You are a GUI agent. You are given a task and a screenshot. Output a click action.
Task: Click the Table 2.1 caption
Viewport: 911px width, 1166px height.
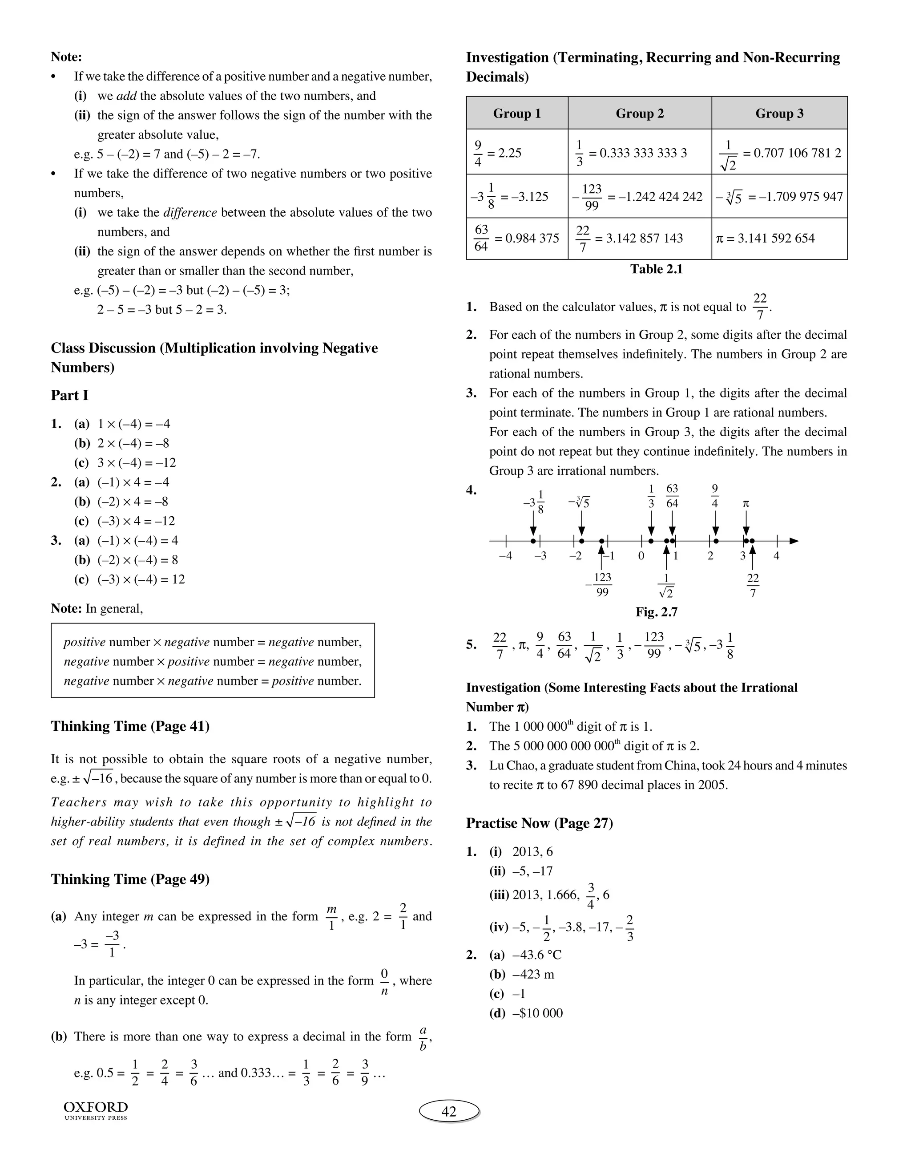pyautogui.click(x=656, y=269)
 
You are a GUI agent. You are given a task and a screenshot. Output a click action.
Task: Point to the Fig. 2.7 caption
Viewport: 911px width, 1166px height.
pyautogui.click(x=656, y=612)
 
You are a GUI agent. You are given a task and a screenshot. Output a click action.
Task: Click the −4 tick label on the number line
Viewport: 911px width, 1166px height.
pyautogui.click(x=505, y=556)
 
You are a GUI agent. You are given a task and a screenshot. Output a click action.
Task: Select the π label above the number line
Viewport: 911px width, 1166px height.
pyautogui.click(x=746, y=503)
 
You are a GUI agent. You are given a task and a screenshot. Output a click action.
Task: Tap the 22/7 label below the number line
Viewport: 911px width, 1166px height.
pyautogui.click(x=753, y=586)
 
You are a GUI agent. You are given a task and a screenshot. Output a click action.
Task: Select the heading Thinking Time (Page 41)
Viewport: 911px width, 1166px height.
pyautogui.click(x=130, y=726)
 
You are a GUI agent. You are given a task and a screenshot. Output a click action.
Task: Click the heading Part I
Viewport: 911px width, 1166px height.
pyautogui.click(x=69, y=395)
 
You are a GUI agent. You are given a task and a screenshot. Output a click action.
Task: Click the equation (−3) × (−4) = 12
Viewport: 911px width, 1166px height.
pyautogui.click(x=141, y=579)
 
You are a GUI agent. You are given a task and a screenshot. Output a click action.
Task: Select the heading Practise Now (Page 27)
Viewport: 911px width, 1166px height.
pyautogui.click(x=539, y=823)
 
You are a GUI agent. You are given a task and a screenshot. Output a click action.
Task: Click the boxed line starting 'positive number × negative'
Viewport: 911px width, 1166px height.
pyautogui.click(x=213, y=642)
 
